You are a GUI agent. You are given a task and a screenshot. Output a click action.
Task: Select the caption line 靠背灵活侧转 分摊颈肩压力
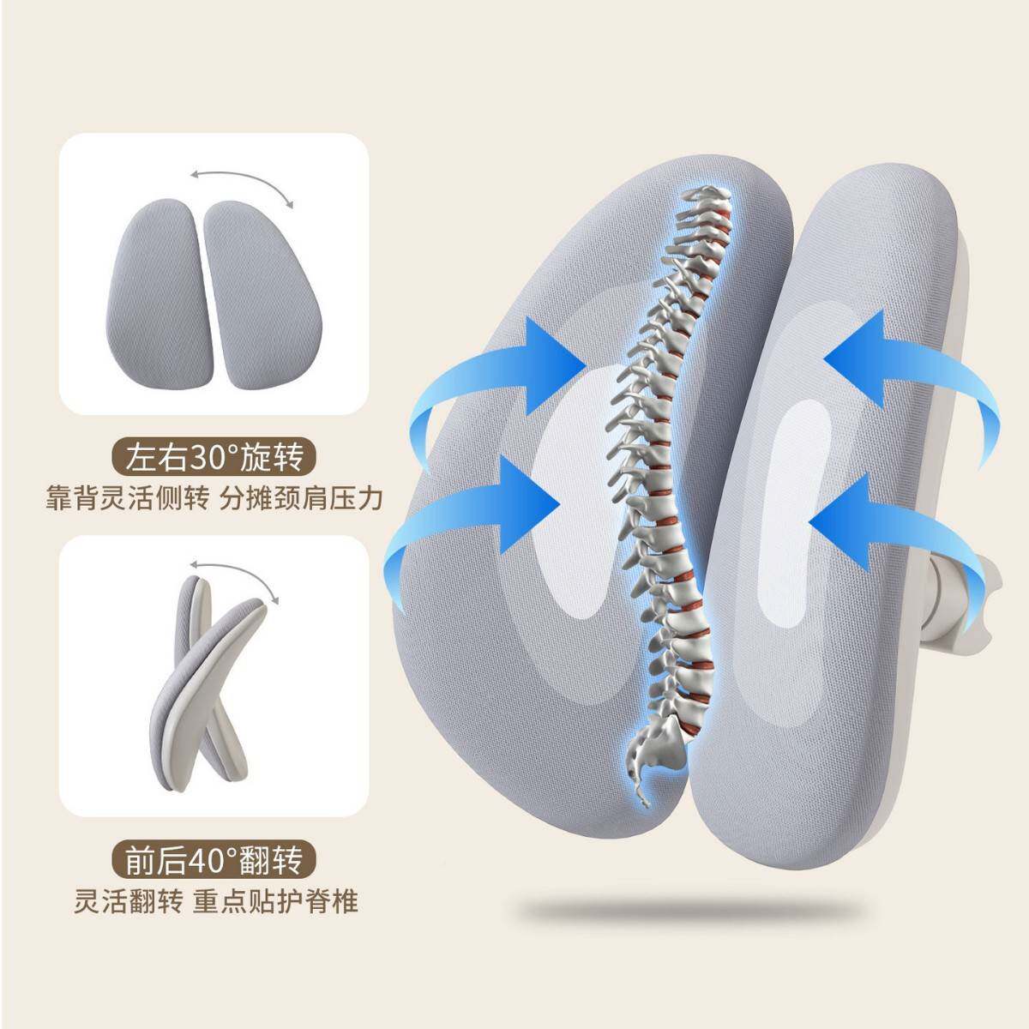point(214,497)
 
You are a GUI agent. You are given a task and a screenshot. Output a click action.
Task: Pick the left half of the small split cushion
point(160,278)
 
